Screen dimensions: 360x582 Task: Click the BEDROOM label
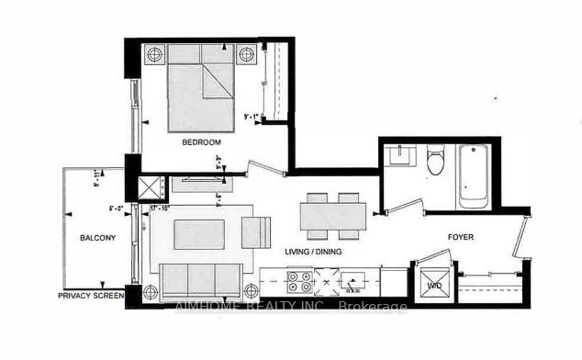coord(201,142)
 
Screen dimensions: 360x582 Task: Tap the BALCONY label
coord(96,239)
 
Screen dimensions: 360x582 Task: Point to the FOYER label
coord(460,235)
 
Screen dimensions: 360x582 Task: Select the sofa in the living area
coord(199,278)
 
